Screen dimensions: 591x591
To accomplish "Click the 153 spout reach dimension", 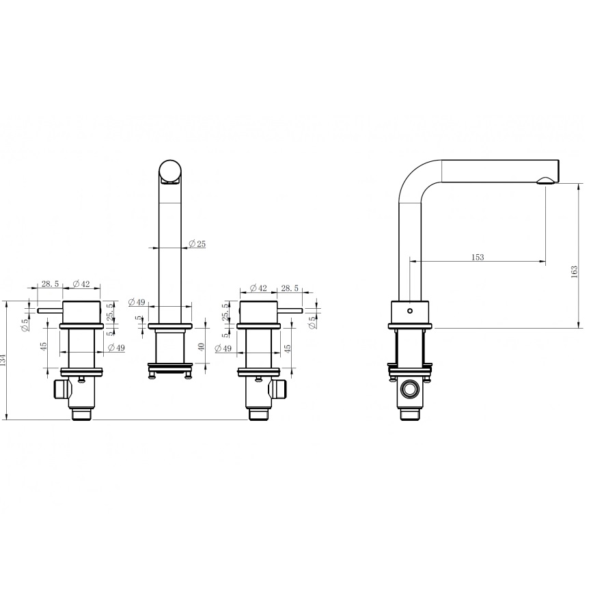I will pyautogui.click(x=477, y=257).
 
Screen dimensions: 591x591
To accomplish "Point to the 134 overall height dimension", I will pyautogui.click(x=3, y=359).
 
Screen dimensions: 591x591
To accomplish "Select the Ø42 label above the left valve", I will pyautogui.click(x=81, y=284).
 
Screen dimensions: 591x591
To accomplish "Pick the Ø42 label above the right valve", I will pyautogui.click(x=258, y=288).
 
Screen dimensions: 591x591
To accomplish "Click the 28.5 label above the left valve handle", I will pyautogui.click(x=51, y=284).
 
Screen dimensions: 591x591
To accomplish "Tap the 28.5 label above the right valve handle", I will pyautogui.click(x=290, y=288).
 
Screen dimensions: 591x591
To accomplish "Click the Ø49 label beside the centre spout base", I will pyautogui.click(x=137, y=302).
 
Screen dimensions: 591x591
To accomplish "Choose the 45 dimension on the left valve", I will pyautogui.click(x=44, y=347).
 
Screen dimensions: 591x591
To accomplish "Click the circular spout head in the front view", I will pyautogui.click(x=171, y=171).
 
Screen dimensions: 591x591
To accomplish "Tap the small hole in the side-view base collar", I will pyautogui.click(x=409, y=311).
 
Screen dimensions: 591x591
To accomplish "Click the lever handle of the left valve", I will pyautogui.click(x=50, y=312).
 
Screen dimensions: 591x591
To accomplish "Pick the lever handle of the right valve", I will pyautogui.click(x=290, y=312).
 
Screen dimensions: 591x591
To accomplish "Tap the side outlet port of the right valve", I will pyautogui.click(x=279, y=389).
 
